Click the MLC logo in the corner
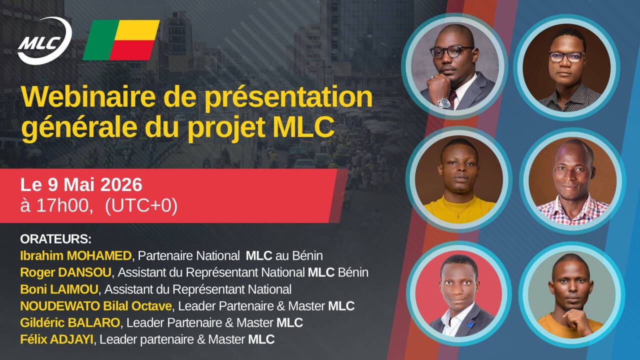coord(45,41)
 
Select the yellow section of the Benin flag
coord(137,30)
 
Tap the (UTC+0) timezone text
coord(141,205)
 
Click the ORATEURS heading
coord(55,239)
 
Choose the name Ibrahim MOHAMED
coord(75,255)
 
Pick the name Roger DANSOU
coord(65,272)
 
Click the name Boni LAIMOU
coord(59,289)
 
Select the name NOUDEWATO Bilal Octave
coord(96,306)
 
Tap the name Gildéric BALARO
coord(70,323)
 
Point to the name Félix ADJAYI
coord(56,339)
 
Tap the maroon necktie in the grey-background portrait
coord(453,99)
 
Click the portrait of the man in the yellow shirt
coord(458,179)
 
